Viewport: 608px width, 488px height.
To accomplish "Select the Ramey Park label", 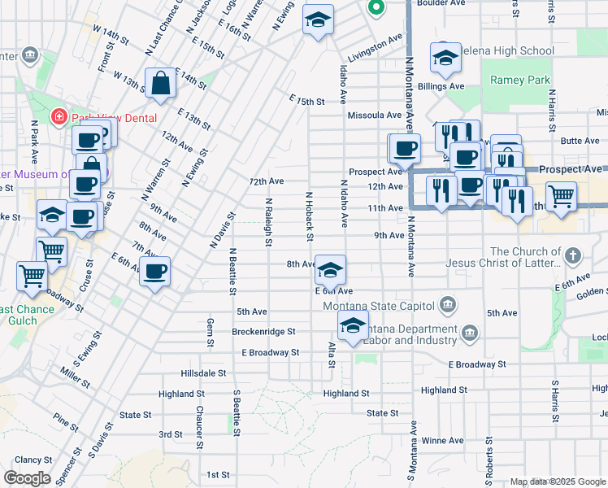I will pos(520,81).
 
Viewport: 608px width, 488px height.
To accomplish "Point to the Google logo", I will pos(27,478).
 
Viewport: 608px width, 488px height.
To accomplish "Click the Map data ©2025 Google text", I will pos(557,481).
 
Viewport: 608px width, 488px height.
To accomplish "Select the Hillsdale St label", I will pos(203,373).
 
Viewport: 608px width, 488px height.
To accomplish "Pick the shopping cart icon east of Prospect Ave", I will pos(561,195).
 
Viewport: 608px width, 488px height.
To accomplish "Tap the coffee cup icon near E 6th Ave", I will pos(154,271).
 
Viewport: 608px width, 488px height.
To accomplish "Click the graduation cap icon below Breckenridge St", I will pos(353,326).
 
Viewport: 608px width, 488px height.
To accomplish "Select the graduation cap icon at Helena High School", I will pos(445,57).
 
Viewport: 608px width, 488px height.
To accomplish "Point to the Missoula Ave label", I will pos(375,115).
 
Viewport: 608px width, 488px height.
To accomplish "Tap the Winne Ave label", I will pos(442,441).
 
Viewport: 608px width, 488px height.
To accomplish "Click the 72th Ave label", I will pos(266,181).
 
